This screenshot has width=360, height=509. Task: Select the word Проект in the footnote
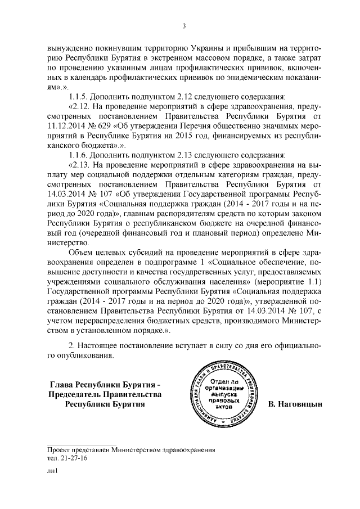(60, 449)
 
